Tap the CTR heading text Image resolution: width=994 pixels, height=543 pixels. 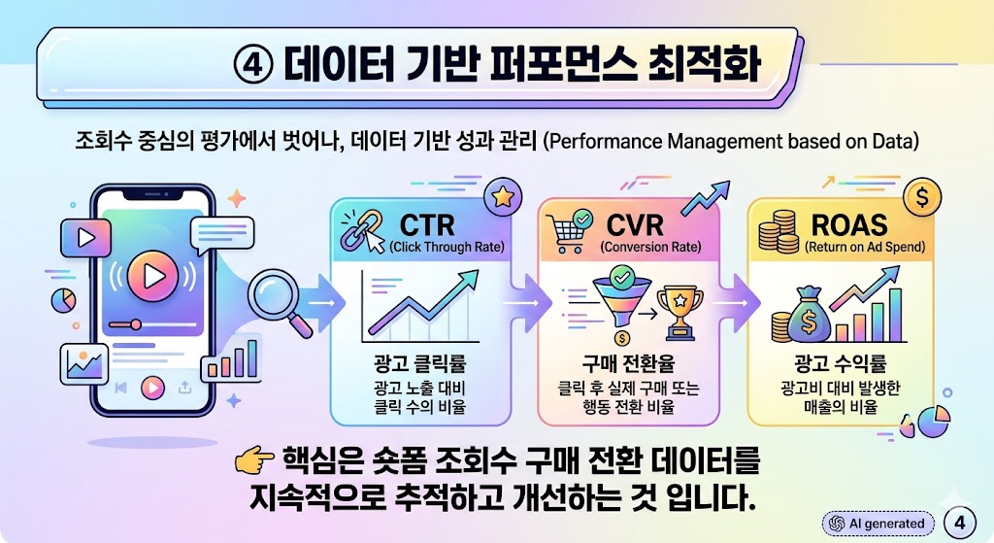point(427,225)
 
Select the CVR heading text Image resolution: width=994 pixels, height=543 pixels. point(636,225)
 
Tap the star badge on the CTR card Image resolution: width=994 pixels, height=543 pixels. point(503,197)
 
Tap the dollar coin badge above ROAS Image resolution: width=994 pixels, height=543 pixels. point(921,197)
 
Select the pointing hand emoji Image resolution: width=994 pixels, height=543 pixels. point(255,461)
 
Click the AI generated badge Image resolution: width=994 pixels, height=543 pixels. point(877,523)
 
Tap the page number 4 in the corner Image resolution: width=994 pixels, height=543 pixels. point(959,522)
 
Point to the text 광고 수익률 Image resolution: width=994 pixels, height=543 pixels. point(841,365)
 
